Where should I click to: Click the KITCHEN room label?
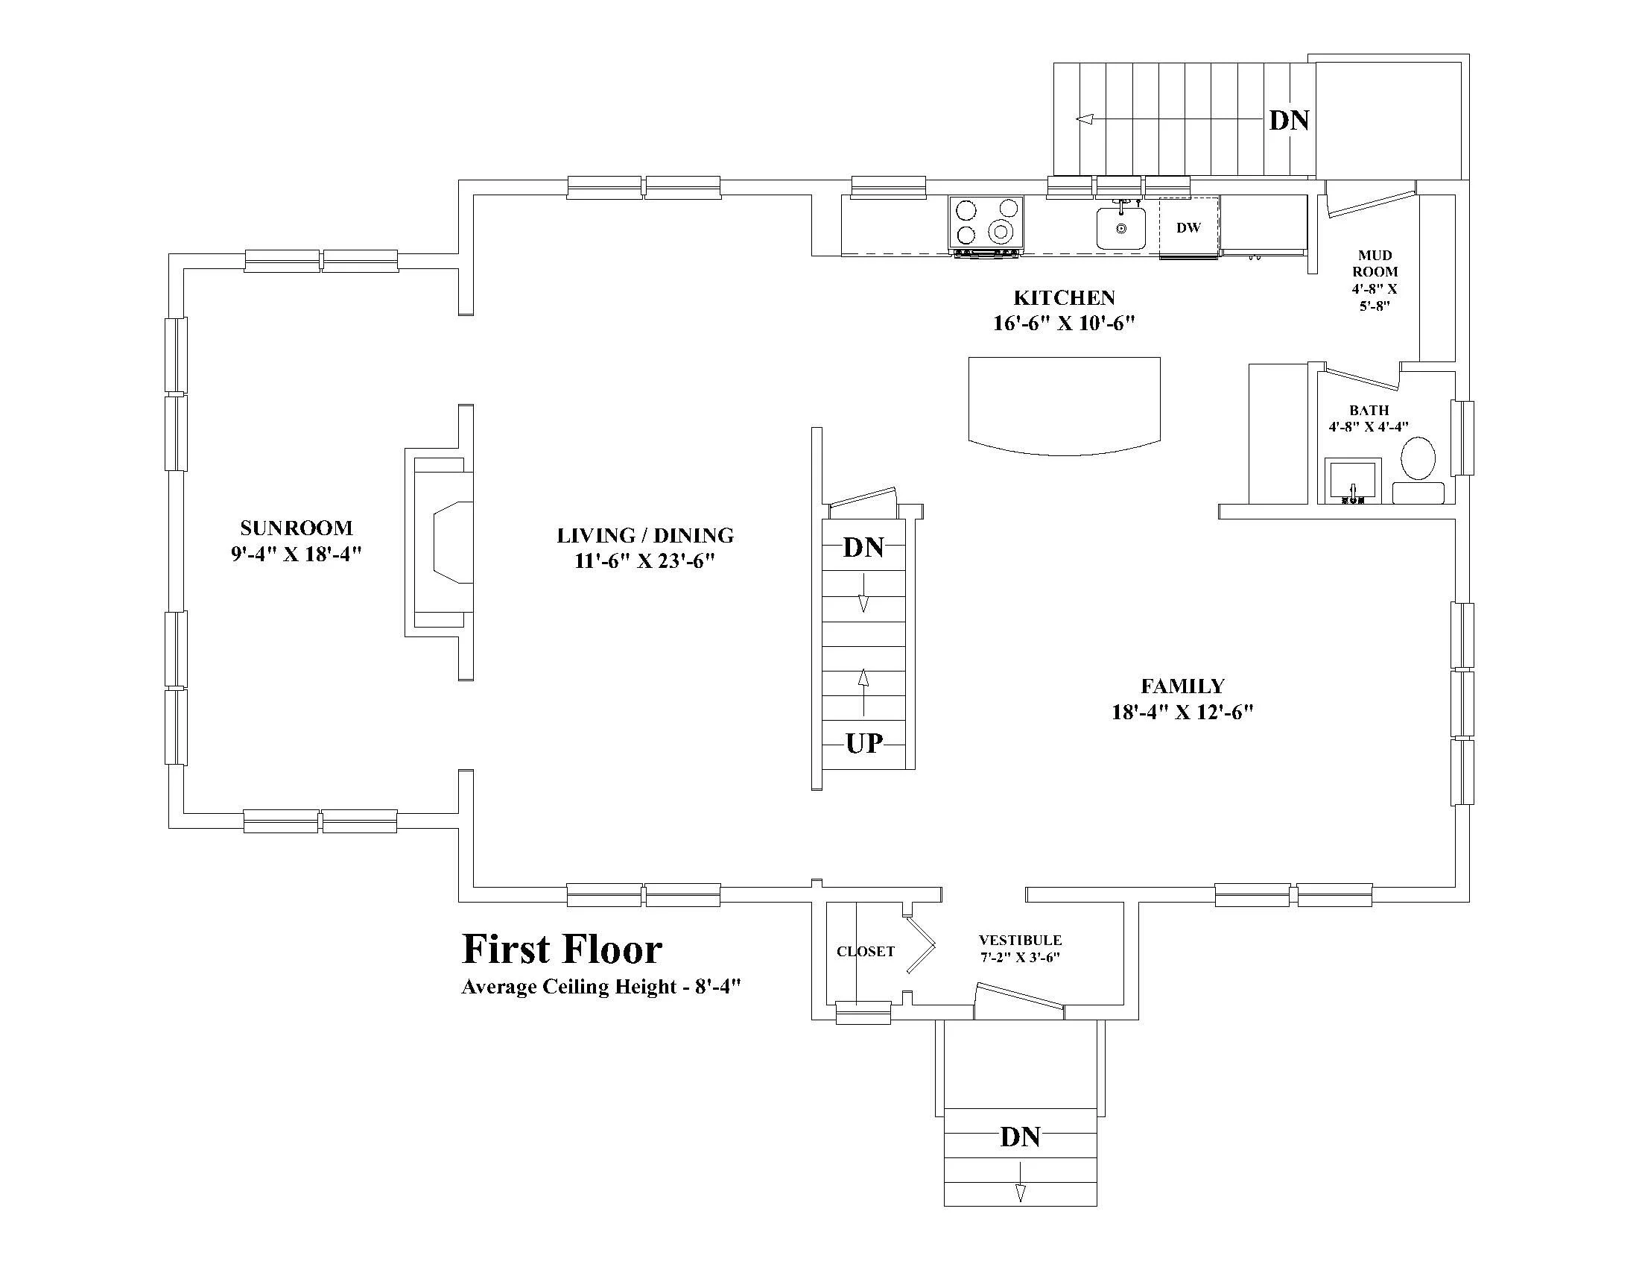1064,298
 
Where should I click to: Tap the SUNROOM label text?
297,528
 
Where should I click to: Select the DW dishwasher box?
1189,227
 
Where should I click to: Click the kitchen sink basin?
1121,228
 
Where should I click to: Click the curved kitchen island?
1064,406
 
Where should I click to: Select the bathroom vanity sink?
1352,481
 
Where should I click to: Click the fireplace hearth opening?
452,542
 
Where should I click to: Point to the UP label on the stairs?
863,743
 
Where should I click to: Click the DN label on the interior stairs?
863,547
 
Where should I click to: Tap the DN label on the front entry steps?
1020,1137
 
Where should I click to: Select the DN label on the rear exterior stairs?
1290,120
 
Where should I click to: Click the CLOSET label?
865,952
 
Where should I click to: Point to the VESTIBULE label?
1020,940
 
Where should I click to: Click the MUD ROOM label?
1375,263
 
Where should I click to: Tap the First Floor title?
562,949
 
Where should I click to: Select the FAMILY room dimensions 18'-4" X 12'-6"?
1183,712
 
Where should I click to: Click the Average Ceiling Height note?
601,986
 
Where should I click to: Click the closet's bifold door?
921,944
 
